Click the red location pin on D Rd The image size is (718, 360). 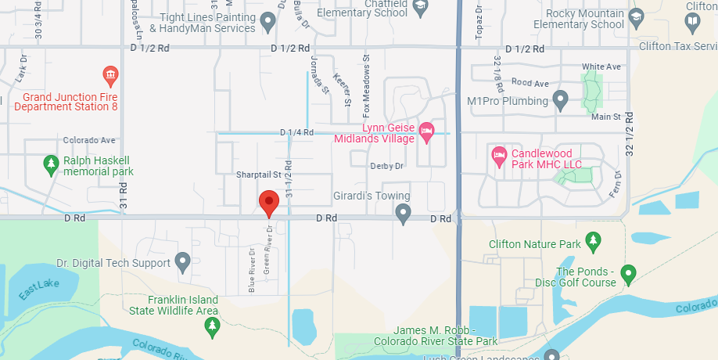click(x=269, y=203)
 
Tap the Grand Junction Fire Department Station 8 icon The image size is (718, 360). click(x=110, y=76)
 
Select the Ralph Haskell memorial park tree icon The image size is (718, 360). click(x=51, y=164)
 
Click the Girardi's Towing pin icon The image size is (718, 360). click(x=403, y=212)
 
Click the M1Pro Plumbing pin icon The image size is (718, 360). click(x=559, y=100)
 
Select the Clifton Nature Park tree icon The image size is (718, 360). click(x=594, y=239)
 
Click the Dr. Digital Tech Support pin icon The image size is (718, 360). click(x=182, y=262)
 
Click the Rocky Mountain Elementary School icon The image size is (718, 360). click(x=637, y=16)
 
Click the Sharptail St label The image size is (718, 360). click(x=258, y=175)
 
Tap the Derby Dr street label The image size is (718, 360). click(x=386, y=166)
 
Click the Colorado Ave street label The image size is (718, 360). click(x=89, y=141)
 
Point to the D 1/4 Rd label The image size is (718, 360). click(x=297, y=133)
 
